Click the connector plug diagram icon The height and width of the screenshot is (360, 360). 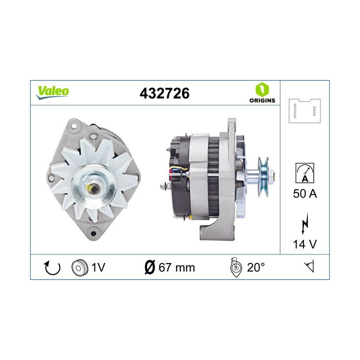tap(304, 111)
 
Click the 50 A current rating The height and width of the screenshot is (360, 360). tap(304, 194)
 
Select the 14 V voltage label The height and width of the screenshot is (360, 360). tap(304, 245)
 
